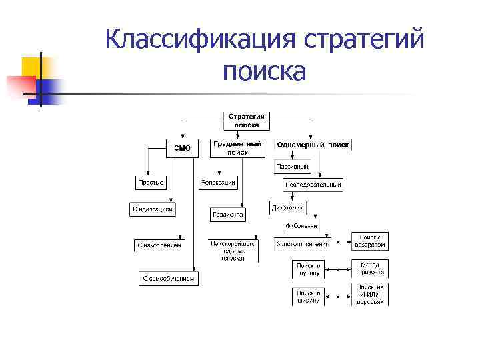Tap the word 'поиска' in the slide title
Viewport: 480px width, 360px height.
click(265, 71)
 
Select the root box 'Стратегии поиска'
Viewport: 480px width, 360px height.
click(246, 120)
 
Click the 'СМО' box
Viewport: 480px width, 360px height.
click(182, 148)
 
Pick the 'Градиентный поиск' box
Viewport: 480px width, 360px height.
click(237, 148)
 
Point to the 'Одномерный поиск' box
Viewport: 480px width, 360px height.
click(312, 145)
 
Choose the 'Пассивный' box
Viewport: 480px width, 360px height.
click(291, 166)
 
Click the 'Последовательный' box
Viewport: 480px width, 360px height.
click(313, 184)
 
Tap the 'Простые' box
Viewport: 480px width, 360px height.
click(151, 183)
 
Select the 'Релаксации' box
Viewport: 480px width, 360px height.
click(217, 183)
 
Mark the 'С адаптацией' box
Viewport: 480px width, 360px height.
click(152, 209)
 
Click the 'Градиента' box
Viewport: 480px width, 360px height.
click(227, 215)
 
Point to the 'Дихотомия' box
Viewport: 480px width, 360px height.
click(287, 207)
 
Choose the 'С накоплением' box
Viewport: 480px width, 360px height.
click(159, 245)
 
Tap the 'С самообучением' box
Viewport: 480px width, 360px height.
click(169, 279)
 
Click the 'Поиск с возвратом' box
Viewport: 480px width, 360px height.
click(369, 241)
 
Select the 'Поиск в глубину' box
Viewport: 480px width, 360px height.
click(309, 269)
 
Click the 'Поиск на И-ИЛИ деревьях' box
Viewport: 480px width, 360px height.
click(369, 294)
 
